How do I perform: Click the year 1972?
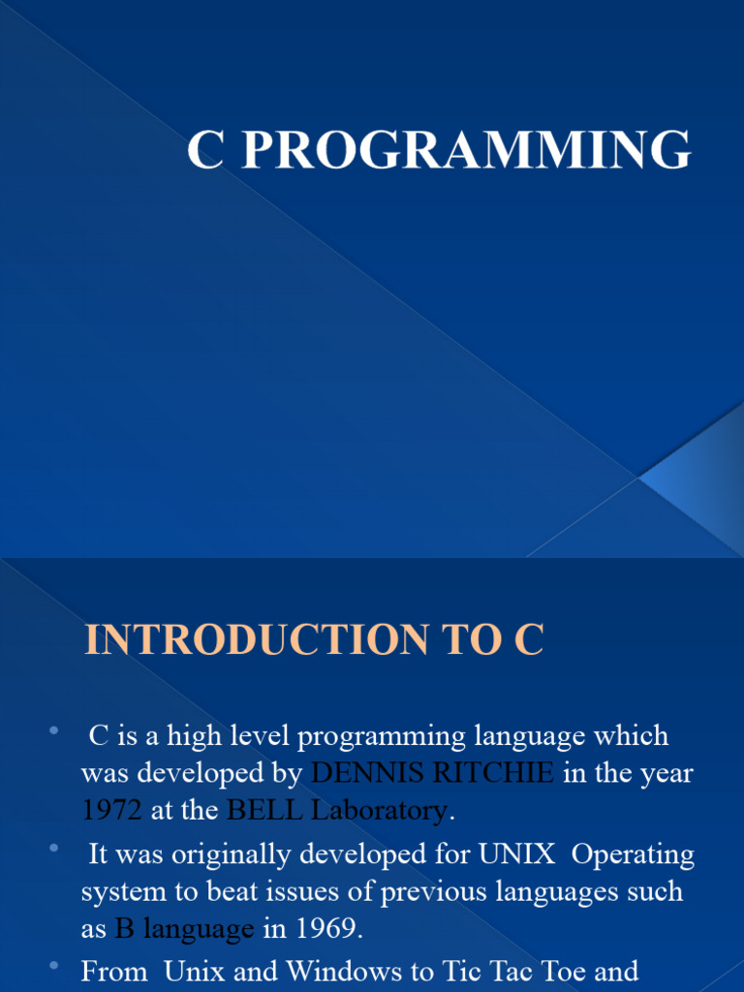112,811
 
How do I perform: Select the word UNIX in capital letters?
517,854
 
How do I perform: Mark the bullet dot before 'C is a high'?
53,729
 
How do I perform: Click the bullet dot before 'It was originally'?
53,849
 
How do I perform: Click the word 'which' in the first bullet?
635,736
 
